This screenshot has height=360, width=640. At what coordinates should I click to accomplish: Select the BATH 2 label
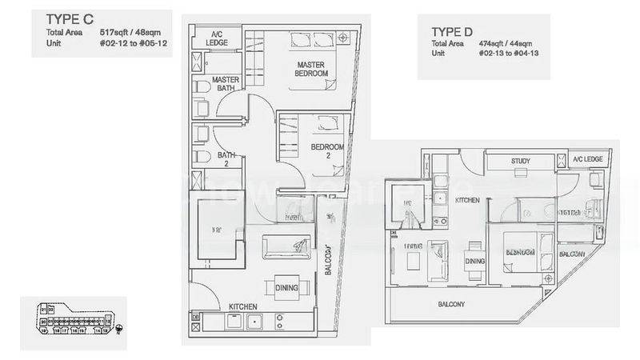tap(226, 160)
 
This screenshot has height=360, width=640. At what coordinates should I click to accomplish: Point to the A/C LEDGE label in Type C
tap(216, 38)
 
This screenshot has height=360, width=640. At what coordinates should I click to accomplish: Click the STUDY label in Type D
tap(522, 162)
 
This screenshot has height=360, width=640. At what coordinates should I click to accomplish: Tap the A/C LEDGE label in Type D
tap(587, 160)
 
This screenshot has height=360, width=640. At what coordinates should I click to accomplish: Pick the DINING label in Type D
tap(474, 261)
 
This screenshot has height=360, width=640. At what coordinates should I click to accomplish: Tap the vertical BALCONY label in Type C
tap(329, 255)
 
